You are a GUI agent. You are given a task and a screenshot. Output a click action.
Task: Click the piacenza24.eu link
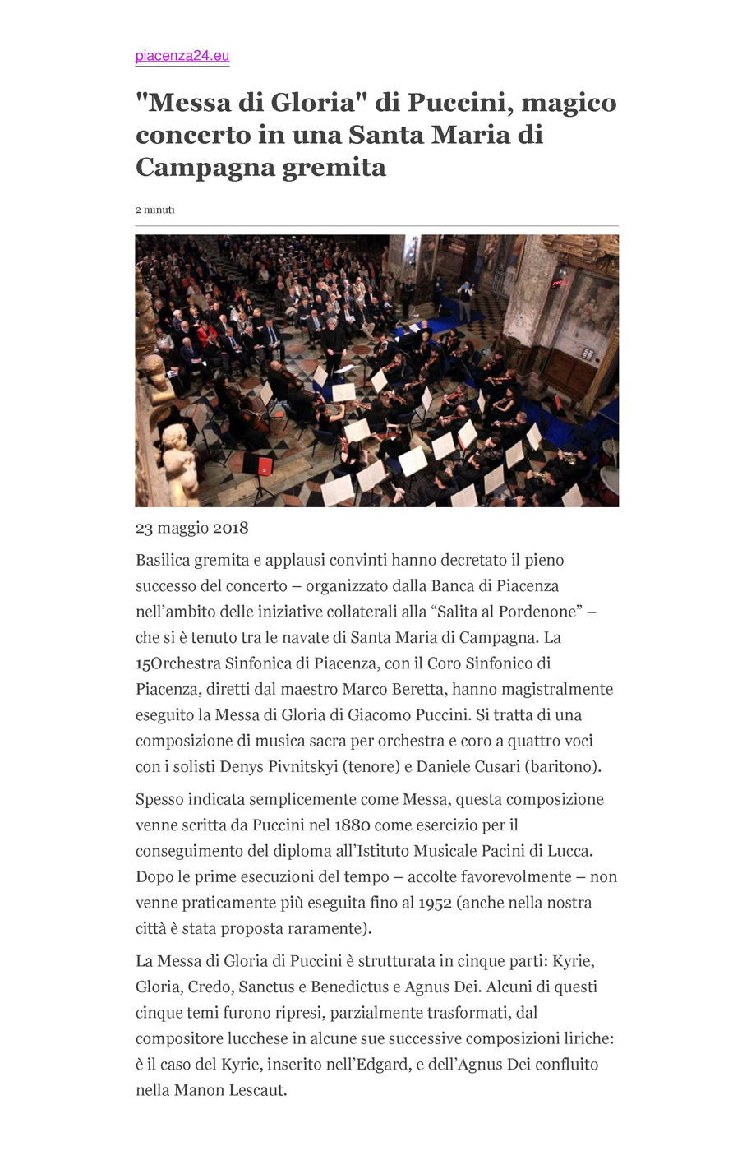click(182, 56)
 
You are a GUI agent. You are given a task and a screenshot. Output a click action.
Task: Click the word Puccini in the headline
click(459, 103)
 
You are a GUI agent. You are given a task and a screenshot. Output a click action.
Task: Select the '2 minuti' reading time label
click(154, 210)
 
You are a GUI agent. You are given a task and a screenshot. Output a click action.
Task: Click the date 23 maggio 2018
click(191, 528)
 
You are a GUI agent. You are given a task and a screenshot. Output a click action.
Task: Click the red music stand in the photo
click(265, 466)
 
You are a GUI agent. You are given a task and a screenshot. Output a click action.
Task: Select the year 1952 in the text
click(435, 903)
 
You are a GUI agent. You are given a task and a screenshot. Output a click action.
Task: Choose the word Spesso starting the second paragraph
click(159, 800)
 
